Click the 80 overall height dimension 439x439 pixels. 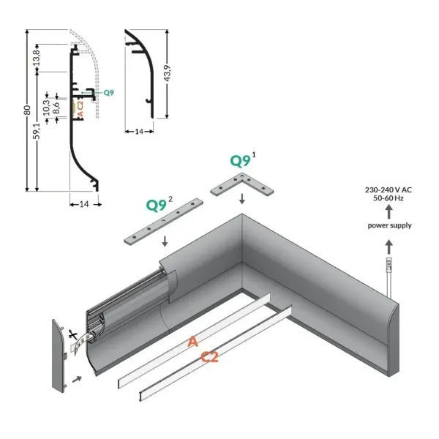(x=26, y=110)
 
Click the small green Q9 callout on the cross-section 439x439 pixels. (x=108, y=92)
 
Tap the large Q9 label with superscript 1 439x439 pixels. (x=243, y=160)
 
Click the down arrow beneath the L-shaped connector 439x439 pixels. (x=244, y=198)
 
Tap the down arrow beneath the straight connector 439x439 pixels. (x=165, y=241)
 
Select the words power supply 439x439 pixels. (x=389, y=225)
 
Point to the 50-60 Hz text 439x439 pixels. (x=388, y=198)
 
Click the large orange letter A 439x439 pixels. (x=192, y=342)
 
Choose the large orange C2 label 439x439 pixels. (x=211, y=357)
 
